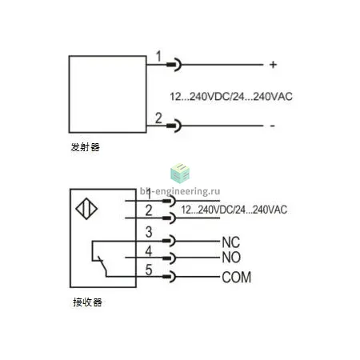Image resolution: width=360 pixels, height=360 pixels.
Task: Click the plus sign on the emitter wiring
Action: pos(273,65)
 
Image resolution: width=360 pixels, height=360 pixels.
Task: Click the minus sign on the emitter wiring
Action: pos(272,126)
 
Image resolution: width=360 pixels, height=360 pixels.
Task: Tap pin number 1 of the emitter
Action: pos(158,56)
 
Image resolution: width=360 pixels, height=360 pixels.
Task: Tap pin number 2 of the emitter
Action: pos(158,118)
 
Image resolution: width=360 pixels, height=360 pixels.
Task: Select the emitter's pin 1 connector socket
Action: pos(174,65)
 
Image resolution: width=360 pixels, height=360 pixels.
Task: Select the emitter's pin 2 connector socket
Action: pos(174,126)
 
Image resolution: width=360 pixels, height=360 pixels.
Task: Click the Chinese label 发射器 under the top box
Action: pos(85,147)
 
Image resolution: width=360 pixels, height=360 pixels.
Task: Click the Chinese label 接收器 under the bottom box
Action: pos(87,302)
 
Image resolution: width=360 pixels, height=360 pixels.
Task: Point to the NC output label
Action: pos(231,242)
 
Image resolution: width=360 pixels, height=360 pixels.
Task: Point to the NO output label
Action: pos(231,258)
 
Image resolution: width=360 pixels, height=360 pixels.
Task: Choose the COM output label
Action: pos(237,277)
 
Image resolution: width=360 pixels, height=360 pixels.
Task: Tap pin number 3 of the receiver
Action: pos(149,232)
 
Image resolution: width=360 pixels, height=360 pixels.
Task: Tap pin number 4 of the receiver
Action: pos(149,251)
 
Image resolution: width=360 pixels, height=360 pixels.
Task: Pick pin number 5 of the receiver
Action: pos(149,270)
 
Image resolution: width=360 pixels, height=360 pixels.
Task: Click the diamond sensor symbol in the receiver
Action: pos(86,209)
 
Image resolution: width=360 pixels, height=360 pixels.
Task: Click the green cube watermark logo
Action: pos(180,173)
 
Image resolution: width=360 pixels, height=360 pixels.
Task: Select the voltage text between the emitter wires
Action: pos(231,96)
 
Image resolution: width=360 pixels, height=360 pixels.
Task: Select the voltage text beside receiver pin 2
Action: pos(234,210)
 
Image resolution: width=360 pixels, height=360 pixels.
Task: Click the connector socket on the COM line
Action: pos(170,277)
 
